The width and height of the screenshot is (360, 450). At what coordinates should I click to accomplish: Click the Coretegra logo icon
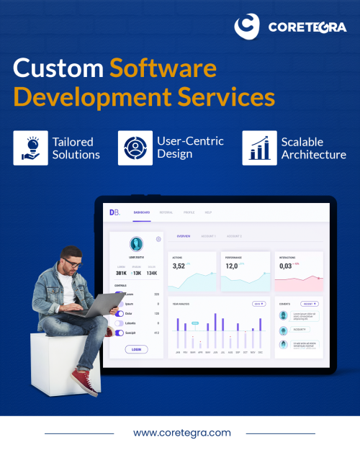248,27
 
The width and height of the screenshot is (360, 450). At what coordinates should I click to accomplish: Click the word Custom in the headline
58,70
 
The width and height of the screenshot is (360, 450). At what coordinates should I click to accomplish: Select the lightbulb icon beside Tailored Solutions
30,147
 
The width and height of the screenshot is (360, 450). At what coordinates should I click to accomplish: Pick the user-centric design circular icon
135,147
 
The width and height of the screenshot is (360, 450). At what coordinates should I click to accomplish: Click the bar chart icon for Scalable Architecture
259,147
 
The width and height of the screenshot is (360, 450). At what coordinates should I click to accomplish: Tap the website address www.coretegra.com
181,433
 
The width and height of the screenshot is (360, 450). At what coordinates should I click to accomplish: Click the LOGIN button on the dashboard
136,349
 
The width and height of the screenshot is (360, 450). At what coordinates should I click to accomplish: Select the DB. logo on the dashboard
114,212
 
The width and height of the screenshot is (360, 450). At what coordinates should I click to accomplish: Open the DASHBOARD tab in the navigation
141,212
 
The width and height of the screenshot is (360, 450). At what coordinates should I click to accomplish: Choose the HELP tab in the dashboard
208,212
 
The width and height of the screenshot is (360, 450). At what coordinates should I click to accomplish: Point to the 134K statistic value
151,273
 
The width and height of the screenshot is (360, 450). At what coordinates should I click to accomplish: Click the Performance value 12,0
232,266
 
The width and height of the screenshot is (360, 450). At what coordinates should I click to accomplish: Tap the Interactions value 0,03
286,266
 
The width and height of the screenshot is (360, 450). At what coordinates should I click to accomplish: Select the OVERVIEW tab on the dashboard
184,236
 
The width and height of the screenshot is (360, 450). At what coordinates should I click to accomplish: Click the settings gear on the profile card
158,239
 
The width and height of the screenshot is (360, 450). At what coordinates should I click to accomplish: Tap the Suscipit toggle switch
120,333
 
